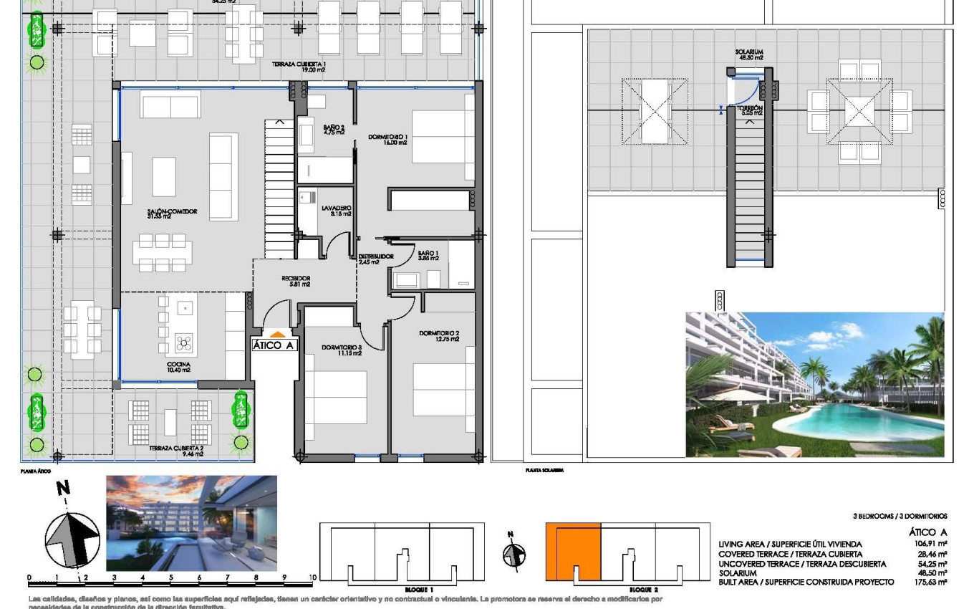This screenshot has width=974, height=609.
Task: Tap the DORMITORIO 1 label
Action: click(387, 139)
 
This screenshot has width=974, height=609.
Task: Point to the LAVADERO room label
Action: click(336, 211)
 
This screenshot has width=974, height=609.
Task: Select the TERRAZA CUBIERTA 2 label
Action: click(177, 450)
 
